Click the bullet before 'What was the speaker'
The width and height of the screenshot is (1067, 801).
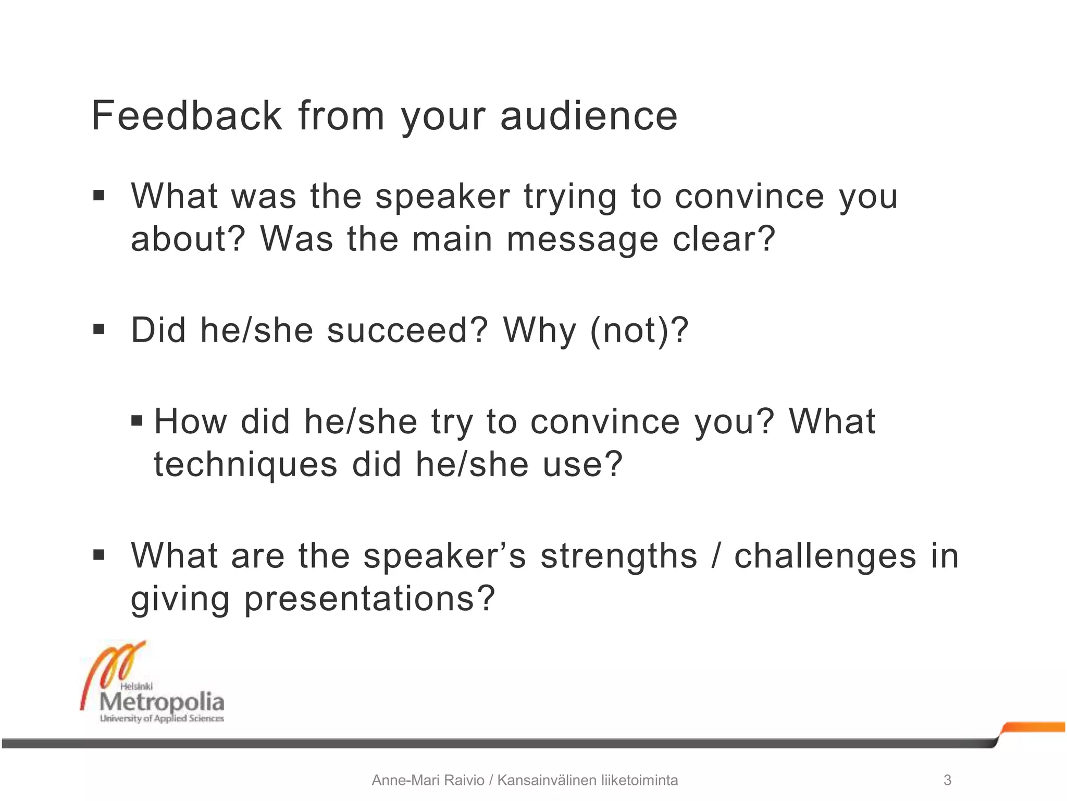(98, 196)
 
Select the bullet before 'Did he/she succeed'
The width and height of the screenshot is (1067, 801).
(98, 330)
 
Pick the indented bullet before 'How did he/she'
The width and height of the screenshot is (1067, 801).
(137, 420)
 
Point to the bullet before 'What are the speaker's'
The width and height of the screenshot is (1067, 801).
(98, 555)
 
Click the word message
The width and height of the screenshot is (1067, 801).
(582, 240)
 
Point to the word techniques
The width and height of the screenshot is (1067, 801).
(245, 465)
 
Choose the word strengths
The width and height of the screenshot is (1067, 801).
(618, 556)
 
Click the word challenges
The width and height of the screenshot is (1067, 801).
(825, 556)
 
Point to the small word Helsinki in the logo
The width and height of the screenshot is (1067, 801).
(136, 686)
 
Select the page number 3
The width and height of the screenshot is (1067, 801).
(947, 780)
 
